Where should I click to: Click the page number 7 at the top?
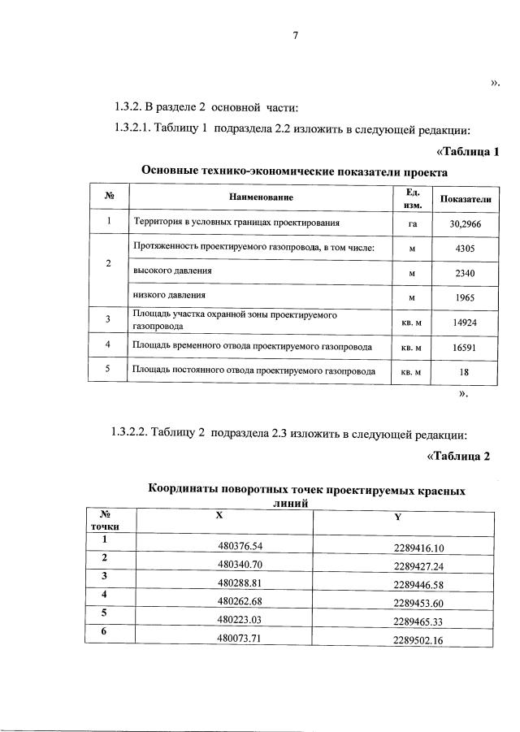pyautogui.click(x=296, y=35)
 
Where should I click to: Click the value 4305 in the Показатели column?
pyautogui.click(x=466, y=248)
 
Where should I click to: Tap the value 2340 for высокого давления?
pyautogui.click(x=466, y=273)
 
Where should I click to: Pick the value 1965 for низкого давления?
pyautogui.click(x=466, y=298)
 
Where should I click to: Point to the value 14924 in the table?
pyautogui.click(x=466, y=322)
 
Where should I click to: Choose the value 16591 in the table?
pyautogui.click(x=466, y=347)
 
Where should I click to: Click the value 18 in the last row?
pyautogui.click(x=466, y=372)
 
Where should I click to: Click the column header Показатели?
pyautogui.click(x=466, y=199)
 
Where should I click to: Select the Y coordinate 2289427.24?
pyautogui.click(x=428, y=566)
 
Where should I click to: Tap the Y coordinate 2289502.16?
pyautogui.click(x=428, y=641)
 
